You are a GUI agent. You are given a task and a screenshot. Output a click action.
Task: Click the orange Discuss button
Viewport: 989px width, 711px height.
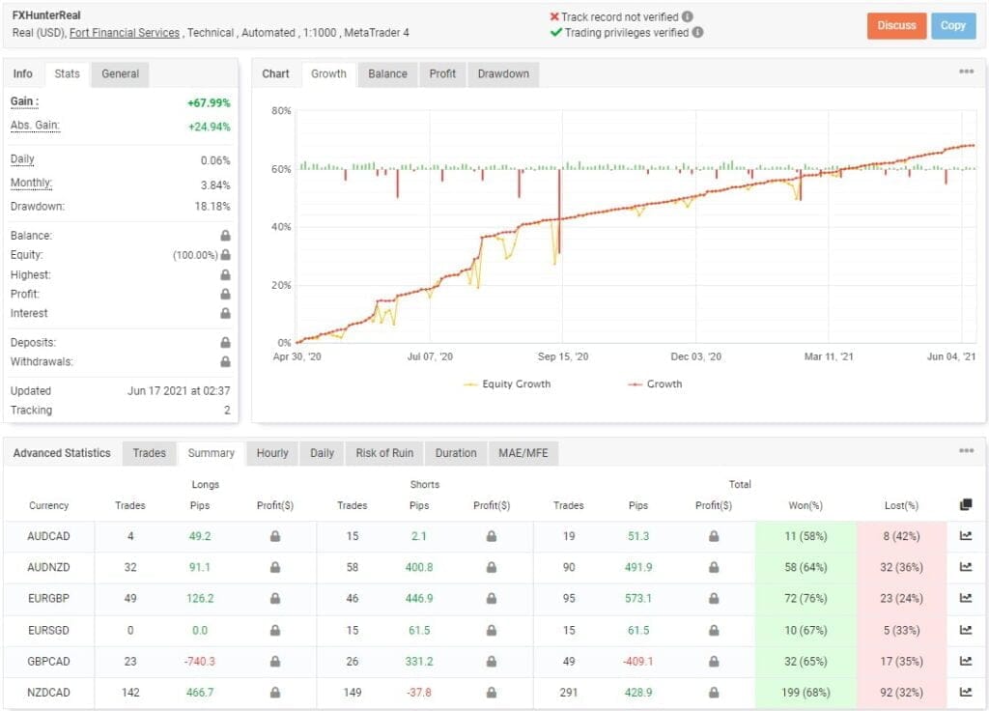point(896,26)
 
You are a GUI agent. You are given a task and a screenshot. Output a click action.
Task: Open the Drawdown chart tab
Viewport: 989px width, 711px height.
point(503,74)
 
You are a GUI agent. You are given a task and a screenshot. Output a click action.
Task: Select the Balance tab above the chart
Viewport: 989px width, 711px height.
point(387,74)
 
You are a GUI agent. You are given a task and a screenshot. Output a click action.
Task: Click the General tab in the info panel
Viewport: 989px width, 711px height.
point(121,74)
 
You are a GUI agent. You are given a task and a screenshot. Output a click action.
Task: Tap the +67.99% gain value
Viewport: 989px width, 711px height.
point(209,102)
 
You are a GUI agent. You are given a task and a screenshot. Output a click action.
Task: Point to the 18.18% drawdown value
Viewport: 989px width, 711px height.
point(212,207)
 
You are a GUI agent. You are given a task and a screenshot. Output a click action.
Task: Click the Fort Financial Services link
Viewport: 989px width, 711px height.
point(125,33)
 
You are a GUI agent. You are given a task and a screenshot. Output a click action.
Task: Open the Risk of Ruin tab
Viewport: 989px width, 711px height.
point(384,453)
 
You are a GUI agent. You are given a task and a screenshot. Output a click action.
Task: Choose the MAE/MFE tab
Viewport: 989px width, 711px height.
point(523,453)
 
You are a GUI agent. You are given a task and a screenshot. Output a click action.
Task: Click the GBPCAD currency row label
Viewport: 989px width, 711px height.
point(48,662)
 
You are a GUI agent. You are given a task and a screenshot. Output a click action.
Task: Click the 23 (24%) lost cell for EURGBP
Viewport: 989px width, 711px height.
point(900,598)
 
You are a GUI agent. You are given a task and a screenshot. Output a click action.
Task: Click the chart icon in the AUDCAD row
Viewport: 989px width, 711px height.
point(966,536)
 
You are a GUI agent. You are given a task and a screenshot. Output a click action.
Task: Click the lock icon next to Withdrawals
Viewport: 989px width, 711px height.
point(225,362)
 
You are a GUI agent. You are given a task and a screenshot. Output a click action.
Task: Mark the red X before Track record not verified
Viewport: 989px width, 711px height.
point(555,17)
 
